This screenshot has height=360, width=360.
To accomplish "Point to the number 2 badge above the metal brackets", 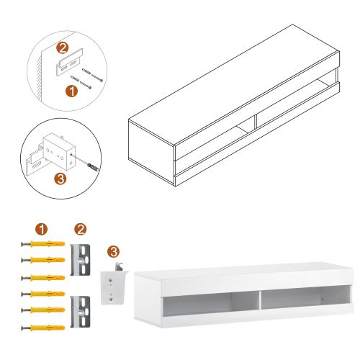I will (81, 230).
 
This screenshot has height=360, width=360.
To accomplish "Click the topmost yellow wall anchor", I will (44, 246).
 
